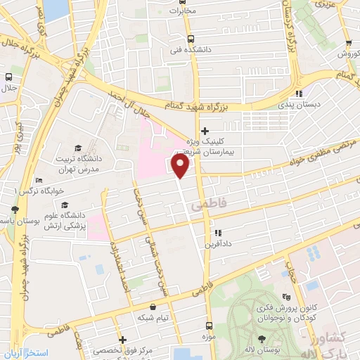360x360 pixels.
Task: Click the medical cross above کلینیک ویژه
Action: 205,131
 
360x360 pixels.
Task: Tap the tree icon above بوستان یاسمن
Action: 15,210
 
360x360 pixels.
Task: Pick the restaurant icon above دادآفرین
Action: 217,232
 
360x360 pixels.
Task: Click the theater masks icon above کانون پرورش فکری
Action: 285,297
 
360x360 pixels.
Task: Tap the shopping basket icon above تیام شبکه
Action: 153,307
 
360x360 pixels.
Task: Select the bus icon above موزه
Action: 209,326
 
